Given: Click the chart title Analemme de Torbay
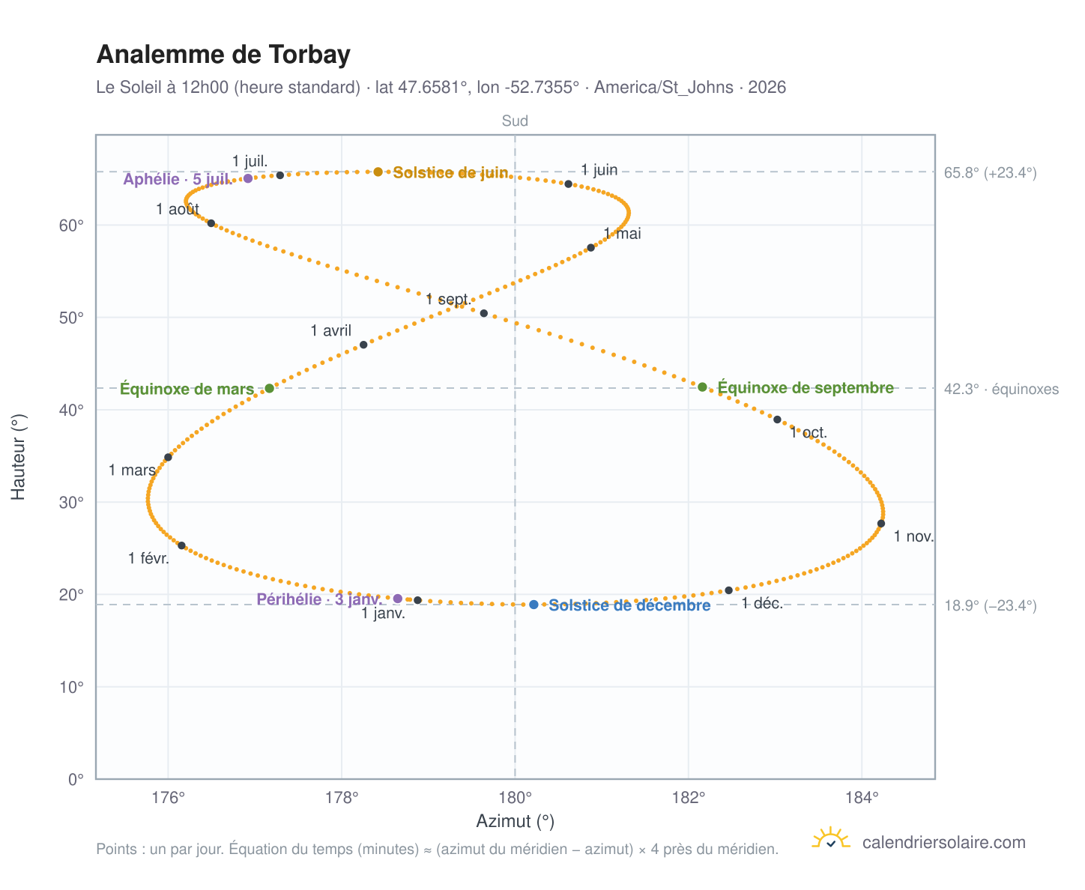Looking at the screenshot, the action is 223,55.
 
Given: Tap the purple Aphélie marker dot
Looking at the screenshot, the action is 247,178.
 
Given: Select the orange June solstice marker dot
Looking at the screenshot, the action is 378,172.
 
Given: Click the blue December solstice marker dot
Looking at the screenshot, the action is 534,605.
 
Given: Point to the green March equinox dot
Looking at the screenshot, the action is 269,388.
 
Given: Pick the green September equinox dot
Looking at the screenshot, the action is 701,387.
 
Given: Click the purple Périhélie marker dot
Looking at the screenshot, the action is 397,599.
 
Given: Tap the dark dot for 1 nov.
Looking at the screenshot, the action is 880,524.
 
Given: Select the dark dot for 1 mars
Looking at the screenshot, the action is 168,457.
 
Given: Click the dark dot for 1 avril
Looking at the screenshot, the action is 363,345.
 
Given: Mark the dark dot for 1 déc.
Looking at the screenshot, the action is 728,590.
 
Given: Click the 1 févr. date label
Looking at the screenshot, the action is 148,558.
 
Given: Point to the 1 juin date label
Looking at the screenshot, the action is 599,170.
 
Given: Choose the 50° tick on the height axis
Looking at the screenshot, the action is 71,318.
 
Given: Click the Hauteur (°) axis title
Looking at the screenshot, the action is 18,457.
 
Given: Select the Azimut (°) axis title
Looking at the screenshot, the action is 515,821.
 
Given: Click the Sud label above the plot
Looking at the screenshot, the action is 515,121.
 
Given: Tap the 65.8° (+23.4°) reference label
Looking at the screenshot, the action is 990,173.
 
